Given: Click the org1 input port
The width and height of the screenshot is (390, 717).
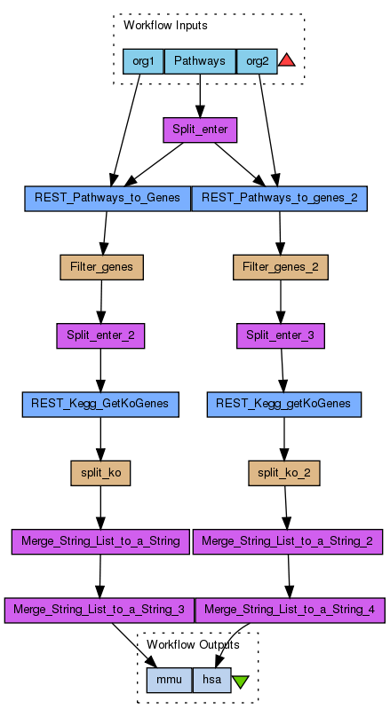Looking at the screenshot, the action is [x=143, y=61].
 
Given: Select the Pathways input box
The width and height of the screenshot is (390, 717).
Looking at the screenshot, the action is [x=200, y=61].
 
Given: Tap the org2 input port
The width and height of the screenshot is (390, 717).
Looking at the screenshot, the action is [x=257, y=61].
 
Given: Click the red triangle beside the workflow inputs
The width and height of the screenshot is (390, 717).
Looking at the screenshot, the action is [x=287, y=60].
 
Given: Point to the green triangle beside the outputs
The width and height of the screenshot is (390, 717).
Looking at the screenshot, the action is [x=241, y=682].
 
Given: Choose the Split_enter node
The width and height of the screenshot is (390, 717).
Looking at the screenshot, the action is [x=200, y=130].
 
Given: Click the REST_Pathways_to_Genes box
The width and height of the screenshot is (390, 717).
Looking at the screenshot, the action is [x=107, y=199].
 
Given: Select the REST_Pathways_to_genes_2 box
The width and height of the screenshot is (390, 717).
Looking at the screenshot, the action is [x=279, y=199].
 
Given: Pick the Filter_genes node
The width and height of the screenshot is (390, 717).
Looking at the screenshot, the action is [x=101, y=267].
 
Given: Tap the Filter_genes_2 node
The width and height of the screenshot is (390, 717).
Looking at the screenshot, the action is [x=281, y=267].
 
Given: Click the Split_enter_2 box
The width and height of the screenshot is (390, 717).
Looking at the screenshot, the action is [x=100, y=335].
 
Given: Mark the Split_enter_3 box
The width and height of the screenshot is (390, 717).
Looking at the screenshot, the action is [x=281, y=335].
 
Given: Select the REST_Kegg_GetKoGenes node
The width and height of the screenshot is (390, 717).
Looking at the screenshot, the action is [x=100, y=405].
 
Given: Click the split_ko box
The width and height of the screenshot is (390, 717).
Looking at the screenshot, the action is [x=100, y=473].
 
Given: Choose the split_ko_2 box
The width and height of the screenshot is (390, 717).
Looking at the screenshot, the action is [x=284, y=473].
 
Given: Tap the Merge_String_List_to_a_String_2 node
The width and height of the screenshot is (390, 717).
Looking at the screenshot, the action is [x=288, y=541].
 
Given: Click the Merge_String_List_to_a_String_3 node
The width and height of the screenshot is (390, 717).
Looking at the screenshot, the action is [x=99, y=610].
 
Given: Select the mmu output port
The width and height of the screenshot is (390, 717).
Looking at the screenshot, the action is [x=170, y=680].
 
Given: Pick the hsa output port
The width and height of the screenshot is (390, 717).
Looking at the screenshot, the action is [x=212, y=680].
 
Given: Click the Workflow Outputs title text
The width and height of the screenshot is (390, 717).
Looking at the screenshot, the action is [x=193, y=645].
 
